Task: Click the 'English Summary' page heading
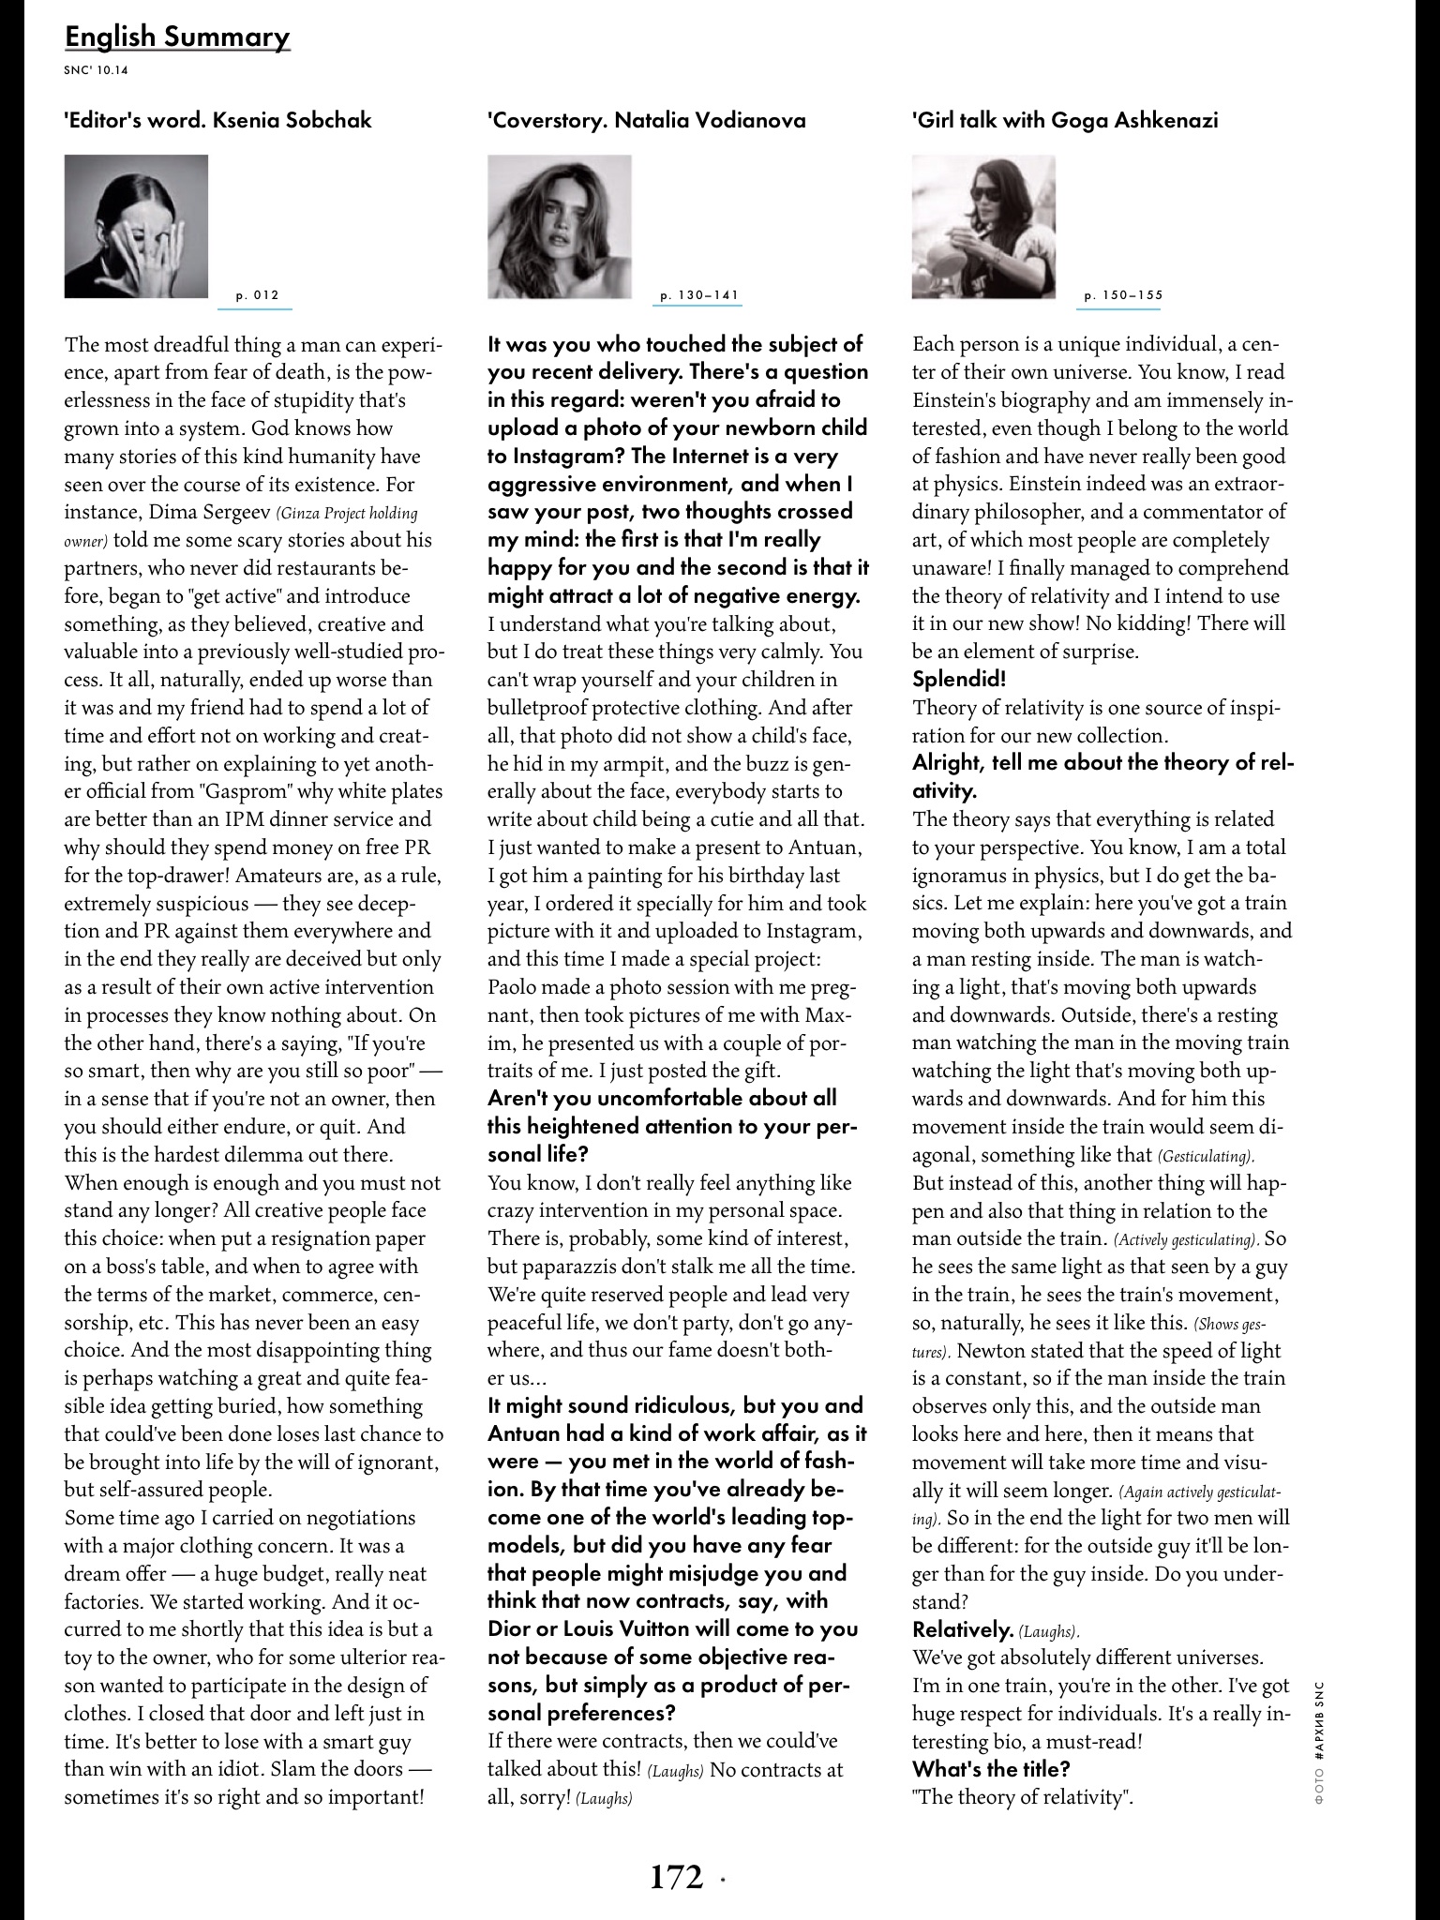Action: [x=177, y=37]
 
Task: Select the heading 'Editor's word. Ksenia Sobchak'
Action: [x=217, y=120]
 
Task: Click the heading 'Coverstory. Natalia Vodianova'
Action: [x=646, y=120]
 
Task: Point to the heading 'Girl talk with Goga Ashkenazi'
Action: [x=1065, y=120]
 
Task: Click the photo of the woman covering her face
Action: [x=136, y=226]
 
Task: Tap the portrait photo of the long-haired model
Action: [x=559, y=226]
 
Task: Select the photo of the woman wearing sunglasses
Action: [x=983, y=226]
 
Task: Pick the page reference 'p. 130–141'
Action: [x=699, y=295]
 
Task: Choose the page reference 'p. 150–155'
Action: [x=1123, y=295]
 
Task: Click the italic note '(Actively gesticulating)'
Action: [x=1186, y=1240]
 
